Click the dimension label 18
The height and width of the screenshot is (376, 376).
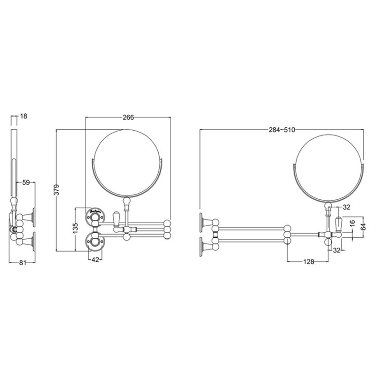(x=24, y=116)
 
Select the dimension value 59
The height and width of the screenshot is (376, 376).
(x=26, y=182)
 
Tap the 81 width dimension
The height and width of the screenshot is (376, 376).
(x=22, y=263)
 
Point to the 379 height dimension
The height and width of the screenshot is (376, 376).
(x=56, y=190)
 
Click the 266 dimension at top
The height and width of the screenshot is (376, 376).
(x=128, y=117)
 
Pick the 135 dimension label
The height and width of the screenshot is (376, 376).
(x=76, y=228)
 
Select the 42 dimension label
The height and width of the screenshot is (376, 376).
(x=95, y=259)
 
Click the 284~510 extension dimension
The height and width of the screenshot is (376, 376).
(x=282, y=130)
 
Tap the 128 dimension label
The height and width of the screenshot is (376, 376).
(x=308, y=262)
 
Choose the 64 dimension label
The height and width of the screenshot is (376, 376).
(x=364, y=227)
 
